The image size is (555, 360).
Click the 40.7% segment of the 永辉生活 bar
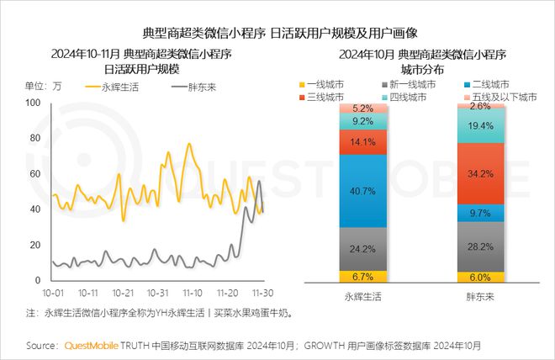[364, 191]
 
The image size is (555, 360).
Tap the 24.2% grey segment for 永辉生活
[364, 249]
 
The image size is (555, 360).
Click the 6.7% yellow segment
[364, 276]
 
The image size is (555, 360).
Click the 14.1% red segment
[364, 142]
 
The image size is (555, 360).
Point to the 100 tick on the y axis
[34, 103]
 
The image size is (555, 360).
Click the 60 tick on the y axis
[34, 174]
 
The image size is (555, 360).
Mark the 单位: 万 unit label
[44, 86]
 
